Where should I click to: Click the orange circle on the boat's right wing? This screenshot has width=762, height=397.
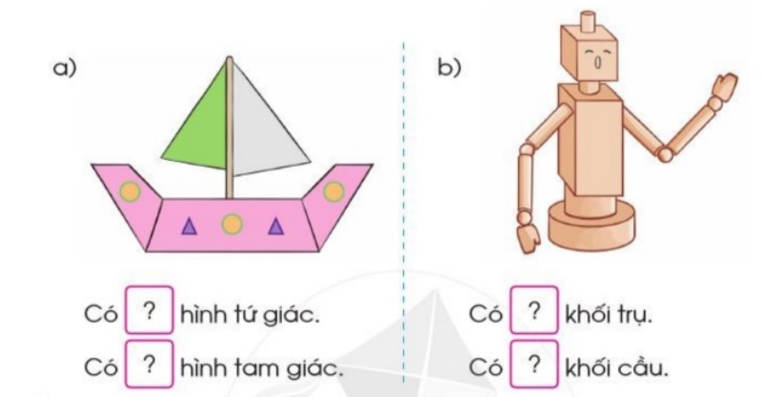(x=333, y=191)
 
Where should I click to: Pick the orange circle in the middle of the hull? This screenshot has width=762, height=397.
(x=231, y=224)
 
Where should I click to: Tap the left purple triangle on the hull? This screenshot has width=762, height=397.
(x=189, y=226)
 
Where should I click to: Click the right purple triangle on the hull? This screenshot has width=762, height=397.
(x=276, y=226)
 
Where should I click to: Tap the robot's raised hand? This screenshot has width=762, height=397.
(x=722, y=89)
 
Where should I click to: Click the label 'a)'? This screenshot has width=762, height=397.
(x=65, y=68)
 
